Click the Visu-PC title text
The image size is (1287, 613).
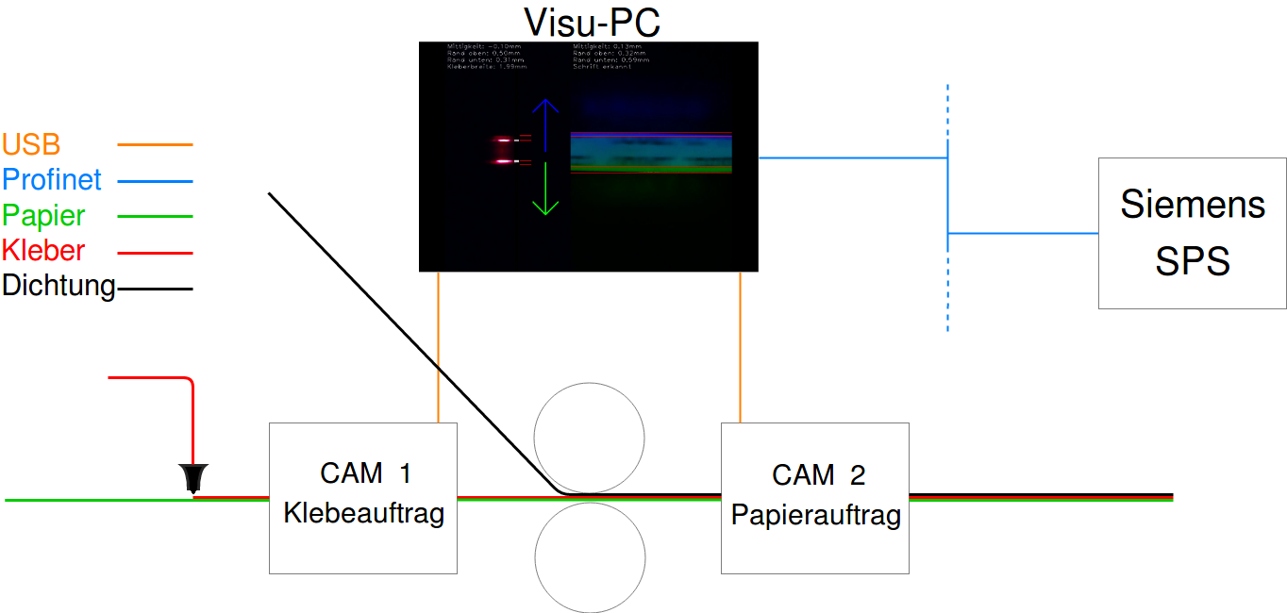[x=592, y=22]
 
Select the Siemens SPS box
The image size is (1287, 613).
[x=1192, y=233]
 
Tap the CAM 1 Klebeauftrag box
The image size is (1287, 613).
[x=363, y=497]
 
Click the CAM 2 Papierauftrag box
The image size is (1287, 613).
[x=815, y=497]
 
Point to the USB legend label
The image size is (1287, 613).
[x=31, y=144]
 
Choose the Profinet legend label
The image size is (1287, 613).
[x=52, y=179]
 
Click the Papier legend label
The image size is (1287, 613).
[x=43, y=215]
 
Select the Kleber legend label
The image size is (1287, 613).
[x=43, y=251]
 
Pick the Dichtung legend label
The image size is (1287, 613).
[x=58, y=286]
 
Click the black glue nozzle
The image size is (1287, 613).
[x=194, y=477]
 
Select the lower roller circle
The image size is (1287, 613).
[x=590, y=556]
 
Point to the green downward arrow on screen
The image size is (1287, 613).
[x=545, y=189]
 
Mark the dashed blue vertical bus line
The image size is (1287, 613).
[x=947, y=283]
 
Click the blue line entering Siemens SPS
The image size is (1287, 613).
[x=1024, y=233]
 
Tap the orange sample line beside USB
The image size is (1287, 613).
[x=155, y=145]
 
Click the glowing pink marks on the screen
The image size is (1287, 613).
[x=504, y=151]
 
